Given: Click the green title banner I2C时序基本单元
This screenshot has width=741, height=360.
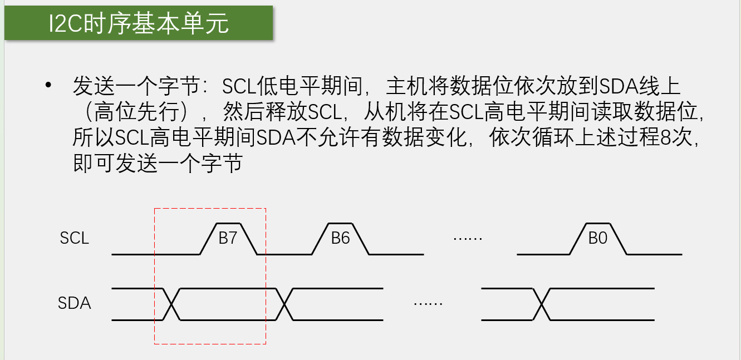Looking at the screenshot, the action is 139,23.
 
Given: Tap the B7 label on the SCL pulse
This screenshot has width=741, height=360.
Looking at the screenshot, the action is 228,238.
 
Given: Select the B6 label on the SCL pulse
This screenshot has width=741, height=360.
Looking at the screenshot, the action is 340,238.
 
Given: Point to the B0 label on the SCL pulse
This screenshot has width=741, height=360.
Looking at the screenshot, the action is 597,238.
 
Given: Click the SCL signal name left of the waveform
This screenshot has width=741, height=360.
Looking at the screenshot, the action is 74,238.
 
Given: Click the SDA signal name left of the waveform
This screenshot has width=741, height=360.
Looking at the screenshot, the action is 74,303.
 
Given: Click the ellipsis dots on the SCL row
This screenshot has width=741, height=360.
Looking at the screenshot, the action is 468,239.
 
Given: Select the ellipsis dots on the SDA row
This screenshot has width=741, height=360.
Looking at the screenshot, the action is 428,304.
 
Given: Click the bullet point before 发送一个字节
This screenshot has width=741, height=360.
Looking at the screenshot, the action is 48,85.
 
